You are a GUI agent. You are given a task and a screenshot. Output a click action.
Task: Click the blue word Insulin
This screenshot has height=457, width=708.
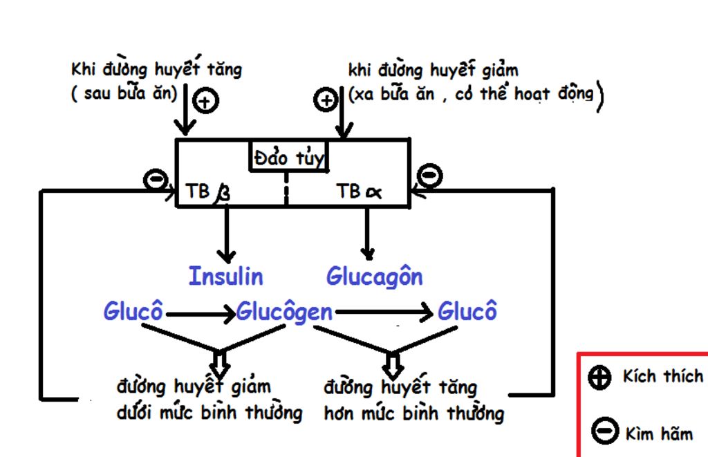225,277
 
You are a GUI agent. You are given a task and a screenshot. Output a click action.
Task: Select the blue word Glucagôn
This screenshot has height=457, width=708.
374,277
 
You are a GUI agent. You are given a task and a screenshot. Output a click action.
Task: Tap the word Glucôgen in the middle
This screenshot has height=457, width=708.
284,312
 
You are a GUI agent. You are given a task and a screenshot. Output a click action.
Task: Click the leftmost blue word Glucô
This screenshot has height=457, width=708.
133,312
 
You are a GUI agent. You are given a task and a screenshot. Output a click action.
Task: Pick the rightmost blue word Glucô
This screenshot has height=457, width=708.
467,312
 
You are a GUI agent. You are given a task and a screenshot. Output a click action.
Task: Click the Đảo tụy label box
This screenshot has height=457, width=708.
288,156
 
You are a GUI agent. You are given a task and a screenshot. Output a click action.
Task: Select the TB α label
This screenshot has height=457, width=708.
359,192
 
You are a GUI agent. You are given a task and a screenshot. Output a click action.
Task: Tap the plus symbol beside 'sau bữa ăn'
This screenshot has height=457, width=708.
205,102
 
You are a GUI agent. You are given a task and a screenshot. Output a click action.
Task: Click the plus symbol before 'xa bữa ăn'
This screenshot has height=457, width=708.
326,101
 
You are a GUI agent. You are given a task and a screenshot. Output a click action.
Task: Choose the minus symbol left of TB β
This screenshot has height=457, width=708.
154,180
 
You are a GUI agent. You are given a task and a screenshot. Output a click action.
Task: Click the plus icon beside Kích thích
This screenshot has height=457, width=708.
599,377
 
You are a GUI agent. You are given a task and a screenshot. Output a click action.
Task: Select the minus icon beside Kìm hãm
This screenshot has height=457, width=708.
604,431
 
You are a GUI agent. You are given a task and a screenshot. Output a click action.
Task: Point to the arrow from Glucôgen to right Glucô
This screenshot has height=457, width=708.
384,313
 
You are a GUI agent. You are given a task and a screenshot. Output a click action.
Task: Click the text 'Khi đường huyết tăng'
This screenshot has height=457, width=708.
157,70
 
